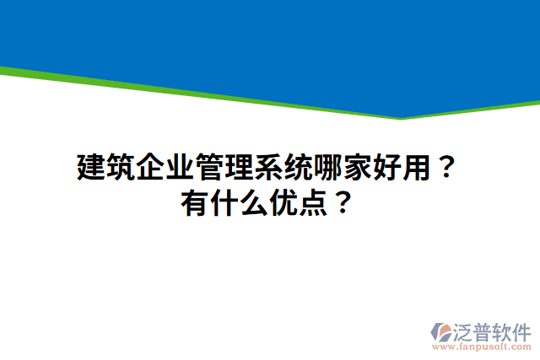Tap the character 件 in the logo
coord(521,330)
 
